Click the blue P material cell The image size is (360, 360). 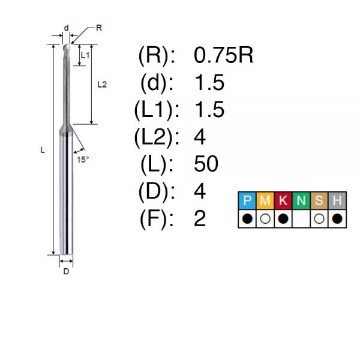(247, 200)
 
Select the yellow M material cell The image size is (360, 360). (265, 200)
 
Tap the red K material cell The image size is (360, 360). (283, 200)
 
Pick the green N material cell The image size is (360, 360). (301, 200)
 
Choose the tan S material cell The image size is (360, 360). (319, 200)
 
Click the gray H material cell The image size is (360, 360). (337, 200)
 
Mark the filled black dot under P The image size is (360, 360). (247, 218)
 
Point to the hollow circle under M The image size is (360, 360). (265, 218)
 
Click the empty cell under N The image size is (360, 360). (301, 218)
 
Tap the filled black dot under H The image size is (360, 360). (337, 218)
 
